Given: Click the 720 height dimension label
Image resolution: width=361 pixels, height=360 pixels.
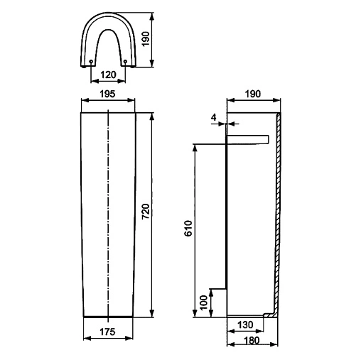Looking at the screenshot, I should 144,211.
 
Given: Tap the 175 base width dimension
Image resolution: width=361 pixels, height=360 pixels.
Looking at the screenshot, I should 107,332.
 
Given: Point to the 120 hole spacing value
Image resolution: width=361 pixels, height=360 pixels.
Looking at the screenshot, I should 108,73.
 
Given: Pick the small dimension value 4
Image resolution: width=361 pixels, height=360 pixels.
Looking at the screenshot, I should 214,116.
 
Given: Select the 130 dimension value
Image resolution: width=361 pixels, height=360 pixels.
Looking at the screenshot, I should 243,324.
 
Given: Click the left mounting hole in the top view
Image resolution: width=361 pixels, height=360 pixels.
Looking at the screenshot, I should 92,62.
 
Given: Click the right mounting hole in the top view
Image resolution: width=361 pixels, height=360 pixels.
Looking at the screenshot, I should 124,62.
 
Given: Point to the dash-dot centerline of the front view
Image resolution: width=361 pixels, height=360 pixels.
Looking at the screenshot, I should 107,213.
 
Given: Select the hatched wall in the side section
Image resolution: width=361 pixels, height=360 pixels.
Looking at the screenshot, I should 279,213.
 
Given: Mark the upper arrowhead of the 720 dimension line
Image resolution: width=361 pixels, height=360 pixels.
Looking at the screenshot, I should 151,115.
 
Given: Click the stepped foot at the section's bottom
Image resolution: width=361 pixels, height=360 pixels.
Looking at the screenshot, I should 269,314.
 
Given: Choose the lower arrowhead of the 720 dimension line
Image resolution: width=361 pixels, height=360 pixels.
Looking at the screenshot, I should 151,313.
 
